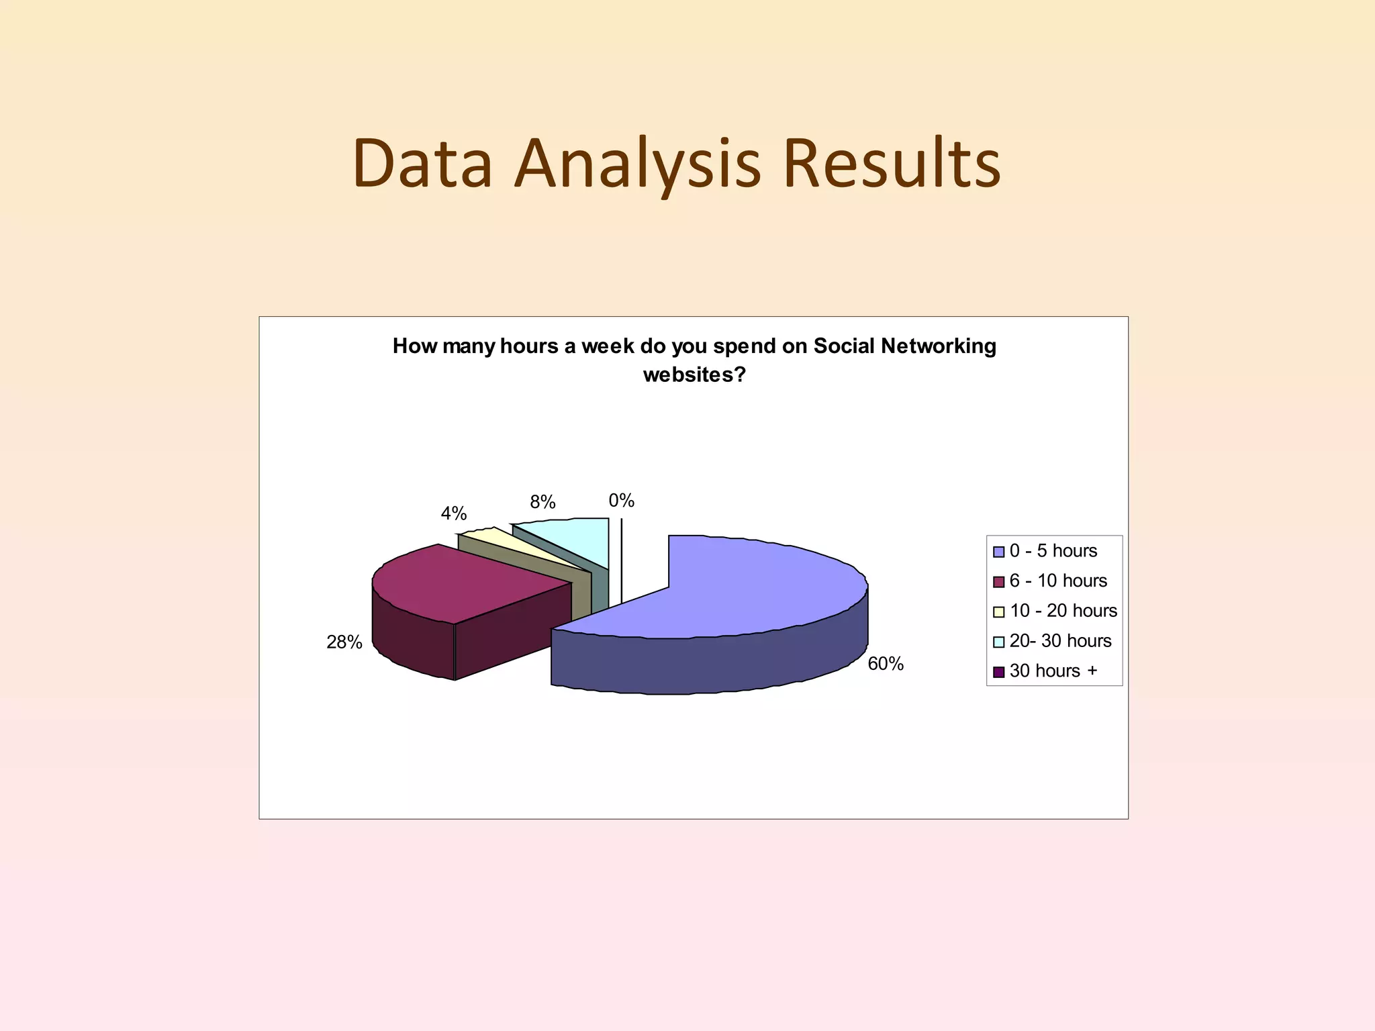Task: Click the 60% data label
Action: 885,664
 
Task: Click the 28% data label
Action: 344,642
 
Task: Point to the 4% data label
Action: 453,513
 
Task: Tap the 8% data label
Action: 542,502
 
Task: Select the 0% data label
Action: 621,501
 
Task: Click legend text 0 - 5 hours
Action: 1053,551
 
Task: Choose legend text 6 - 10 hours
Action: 1058,581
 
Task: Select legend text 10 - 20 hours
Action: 1063,611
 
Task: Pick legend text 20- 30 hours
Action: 1060,641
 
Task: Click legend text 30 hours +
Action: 1053,671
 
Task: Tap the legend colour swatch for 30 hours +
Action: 998,671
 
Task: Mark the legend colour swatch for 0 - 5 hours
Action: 998,552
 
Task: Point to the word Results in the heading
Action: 892,164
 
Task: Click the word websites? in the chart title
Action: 694,375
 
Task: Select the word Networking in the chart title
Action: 939,346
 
